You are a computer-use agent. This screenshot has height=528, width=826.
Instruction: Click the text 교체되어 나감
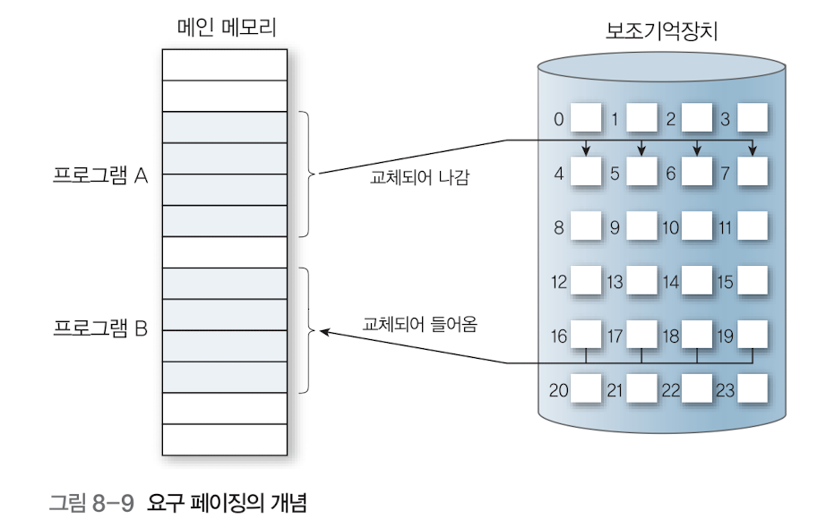click(420, 178)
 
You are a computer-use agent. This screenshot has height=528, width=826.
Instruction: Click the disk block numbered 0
click(588, 117)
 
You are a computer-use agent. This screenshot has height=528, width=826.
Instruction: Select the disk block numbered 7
click(753, 173)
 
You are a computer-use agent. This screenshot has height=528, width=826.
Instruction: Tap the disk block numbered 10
click(697, 227)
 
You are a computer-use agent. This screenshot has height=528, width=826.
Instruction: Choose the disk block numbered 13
click(642, 282)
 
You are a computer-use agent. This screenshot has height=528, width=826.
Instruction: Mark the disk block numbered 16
click(588, 336)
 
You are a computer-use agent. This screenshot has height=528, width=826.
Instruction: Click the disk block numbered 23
click(753, 389)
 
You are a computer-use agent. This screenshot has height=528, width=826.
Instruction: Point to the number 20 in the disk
click(559, 390)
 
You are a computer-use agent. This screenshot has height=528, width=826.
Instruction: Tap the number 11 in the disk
click(725, 228)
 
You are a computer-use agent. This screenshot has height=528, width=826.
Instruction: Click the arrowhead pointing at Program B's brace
click(324, 331)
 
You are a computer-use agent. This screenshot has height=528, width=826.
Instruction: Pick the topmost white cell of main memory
click(224, 64)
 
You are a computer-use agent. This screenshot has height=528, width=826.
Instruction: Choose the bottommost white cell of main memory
click(224, 439)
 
